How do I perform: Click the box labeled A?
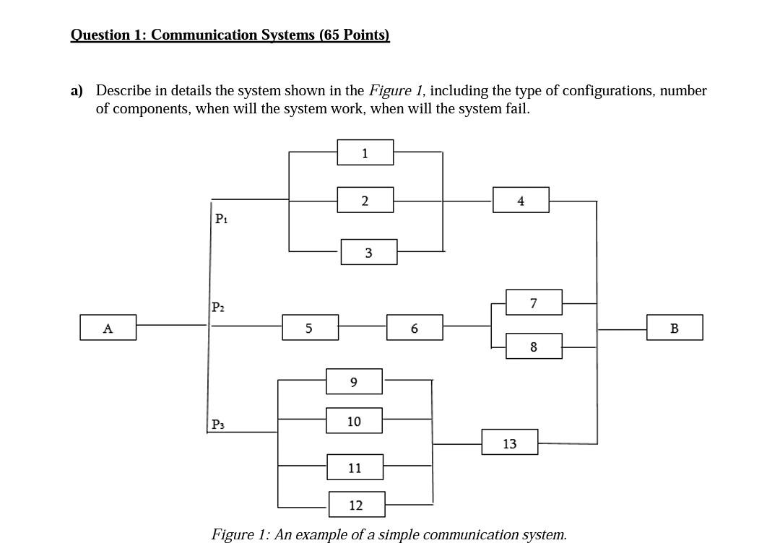pos(108,328)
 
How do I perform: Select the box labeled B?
pos(674,328)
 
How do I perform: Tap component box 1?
pos(365,152)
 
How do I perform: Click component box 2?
pos(365,200)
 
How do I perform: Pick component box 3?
pos(368,253)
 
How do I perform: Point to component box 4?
pos(521,200)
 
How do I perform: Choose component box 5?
pos(309,328)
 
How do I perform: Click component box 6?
pos(414,328)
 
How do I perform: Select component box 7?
pos(534,303)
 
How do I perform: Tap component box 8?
pos(534,347)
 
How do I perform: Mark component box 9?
pos(353,381)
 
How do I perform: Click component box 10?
pos(354,420)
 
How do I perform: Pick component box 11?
pos(355,467)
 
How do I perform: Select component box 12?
pos(356,505)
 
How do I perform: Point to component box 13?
pos(509,443)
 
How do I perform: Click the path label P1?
pos(222,218)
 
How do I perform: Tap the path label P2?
pos(219,307)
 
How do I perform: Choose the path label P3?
pos(218,425)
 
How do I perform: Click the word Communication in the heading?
pos(204,35)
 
